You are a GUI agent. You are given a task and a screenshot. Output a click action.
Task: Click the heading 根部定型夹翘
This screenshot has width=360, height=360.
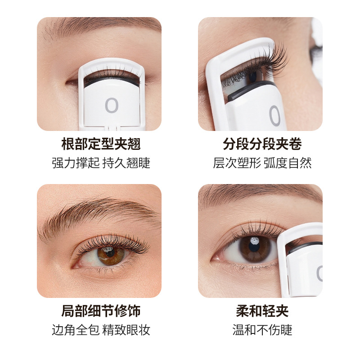(x=101, y=144)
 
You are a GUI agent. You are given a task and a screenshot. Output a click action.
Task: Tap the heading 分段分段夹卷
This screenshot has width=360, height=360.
(x=262, y=144)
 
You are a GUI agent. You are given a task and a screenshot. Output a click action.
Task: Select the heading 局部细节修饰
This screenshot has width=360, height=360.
(x=101, y=311)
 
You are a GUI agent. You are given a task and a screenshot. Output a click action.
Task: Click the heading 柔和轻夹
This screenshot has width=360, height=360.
(x=262, y=311)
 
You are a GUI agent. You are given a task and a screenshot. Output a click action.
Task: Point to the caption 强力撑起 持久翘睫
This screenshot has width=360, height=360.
(x=101, y=163)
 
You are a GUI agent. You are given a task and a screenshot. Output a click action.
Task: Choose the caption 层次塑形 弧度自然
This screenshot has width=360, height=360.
(x=262, y=163)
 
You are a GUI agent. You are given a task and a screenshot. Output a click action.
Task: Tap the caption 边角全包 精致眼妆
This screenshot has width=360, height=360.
(x=101, y=330)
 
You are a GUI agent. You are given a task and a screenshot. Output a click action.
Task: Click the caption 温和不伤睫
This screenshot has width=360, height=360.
(x=262, y=330)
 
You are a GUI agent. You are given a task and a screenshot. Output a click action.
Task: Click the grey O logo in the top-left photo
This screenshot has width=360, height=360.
(x=112, y=105)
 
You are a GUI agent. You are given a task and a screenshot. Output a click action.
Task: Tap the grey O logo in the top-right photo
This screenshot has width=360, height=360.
(x=274, y=116)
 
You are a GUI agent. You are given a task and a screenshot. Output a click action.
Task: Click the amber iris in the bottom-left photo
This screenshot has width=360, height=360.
(x=111, y=256)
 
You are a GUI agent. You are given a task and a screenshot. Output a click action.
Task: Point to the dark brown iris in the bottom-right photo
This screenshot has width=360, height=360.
(x=255, y=250)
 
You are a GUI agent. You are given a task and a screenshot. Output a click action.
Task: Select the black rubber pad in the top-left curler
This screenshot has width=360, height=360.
(x=112, y=81)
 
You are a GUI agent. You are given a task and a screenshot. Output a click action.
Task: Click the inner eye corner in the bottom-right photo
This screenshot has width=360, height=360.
(x=213, y=259)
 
